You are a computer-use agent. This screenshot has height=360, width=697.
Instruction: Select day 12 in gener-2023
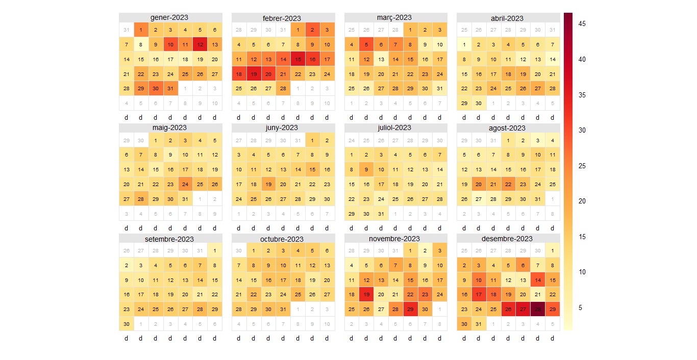coord(200,45)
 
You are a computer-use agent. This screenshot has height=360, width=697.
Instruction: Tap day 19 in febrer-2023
coord(254,74)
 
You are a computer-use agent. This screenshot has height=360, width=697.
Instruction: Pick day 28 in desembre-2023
coord(537,309)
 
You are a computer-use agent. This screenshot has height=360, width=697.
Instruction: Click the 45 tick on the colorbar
coord(582,23)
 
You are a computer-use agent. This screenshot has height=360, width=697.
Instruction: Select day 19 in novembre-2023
coord(366,294)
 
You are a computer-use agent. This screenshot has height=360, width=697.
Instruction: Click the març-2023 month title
coord(394,17)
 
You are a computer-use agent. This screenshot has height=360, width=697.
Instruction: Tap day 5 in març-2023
coord(366,45)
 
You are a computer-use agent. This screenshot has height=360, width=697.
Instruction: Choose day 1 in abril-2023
coord(464,45)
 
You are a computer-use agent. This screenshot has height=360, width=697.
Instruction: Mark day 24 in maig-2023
coord(185,184)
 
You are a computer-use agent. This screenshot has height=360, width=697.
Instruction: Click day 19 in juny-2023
coord(268,184)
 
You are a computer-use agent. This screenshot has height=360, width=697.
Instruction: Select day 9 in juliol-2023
coord(366,170)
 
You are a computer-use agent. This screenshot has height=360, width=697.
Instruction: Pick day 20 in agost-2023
coord(479,184)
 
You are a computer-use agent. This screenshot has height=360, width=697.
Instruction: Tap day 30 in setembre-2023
coord(127,324)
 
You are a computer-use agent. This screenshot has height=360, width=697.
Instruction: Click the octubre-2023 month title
coord(282,239)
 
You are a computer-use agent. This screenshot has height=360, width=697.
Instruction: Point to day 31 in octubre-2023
coord(283,309)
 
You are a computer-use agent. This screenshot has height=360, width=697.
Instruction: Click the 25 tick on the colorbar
coord(582,166)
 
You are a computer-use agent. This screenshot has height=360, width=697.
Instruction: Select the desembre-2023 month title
coord(507,239)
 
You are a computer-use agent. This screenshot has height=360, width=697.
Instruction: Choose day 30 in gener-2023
coord(156,89)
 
